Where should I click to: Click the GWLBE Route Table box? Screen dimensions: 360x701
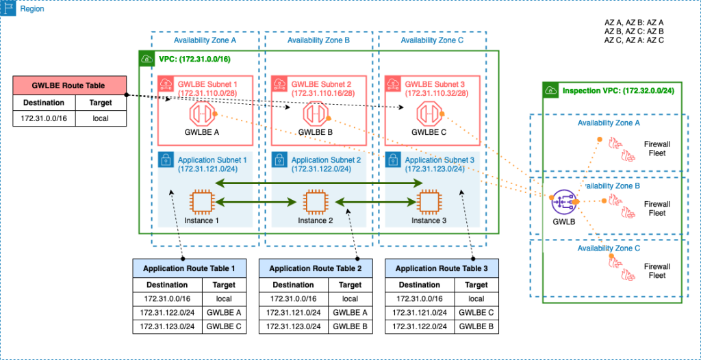click(x=69, y=86)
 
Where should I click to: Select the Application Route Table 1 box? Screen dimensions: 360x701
click(x=189, y=268)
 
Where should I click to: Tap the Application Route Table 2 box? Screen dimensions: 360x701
click(x=315, y=268)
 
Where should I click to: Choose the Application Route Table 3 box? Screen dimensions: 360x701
click(x=442, y=268)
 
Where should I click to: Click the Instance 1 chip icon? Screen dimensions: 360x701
click(x=202, y=202)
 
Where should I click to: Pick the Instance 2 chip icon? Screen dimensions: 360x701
click(x=315, y=202)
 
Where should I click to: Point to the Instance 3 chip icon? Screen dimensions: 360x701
click(x=429, y=202)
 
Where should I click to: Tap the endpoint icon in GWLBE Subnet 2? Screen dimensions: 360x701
click(x=316, y=113)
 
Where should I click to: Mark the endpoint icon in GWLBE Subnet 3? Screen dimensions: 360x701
click(x=430, y=113)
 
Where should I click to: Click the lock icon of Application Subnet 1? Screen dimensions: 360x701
click(x=165, y=159)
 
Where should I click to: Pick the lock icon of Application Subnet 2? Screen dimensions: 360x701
click(x=279, y=159)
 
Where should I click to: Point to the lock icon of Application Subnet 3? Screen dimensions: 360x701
click(x=392, y=159)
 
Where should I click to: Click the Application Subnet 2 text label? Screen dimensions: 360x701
click(x=324, y=159)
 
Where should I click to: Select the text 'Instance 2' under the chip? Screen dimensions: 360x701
click(x=316, y=220)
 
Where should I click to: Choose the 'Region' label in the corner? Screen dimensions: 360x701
click(x=31, y=10)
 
